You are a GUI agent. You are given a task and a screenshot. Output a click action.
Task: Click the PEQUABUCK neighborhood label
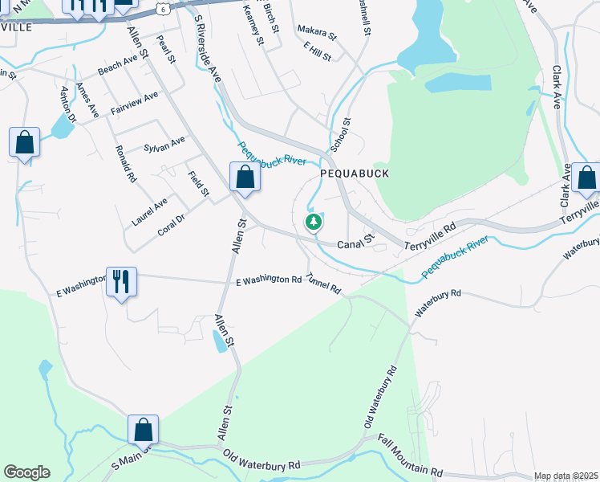point(354,173)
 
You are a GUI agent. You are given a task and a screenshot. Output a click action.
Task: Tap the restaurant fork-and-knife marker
point(121,282)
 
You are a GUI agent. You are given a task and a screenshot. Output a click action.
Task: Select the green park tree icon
point(314,222)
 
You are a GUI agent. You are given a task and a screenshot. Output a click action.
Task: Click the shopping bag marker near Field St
point(245,178)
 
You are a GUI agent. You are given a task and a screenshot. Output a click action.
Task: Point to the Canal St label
point(355,242)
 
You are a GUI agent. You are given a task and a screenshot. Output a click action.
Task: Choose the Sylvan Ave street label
point(164,144)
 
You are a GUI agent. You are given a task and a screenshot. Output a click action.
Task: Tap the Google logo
point(26,472)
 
